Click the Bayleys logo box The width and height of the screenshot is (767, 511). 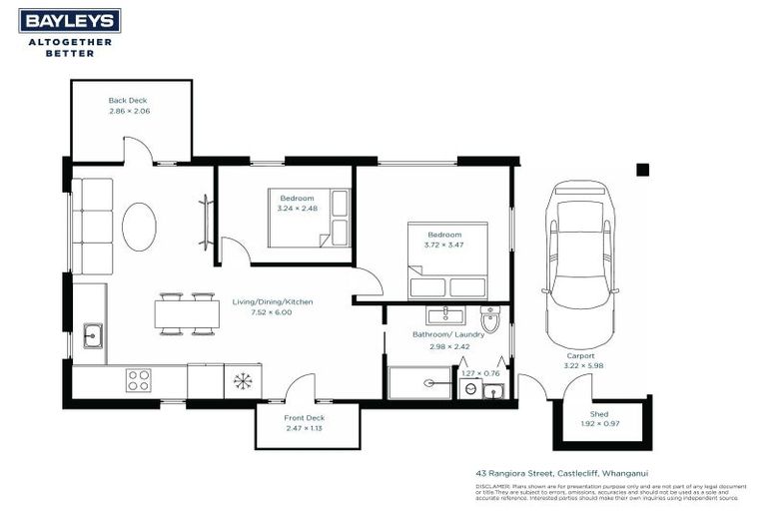[x=70, y=21]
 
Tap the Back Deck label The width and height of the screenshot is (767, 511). [x=128, y=101]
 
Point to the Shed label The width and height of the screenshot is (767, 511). [x=599, y=413]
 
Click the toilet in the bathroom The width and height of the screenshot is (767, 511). [x=490, y=318]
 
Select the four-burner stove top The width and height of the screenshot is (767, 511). [x=138, y=380]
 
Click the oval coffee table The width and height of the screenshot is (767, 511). [x=139, y=227]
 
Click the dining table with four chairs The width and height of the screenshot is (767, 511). [x=187, y=313]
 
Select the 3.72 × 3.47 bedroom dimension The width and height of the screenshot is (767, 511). [x=444, y=245]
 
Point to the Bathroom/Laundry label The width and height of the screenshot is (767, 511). [x=448, y=334]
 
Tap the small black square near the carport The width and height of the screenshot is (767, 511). [x=643, y=170]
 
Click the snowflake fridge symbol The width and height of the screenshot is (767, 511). [x=242, y=380]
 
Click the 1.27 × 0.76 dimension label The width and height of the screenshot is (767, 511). [x=480, y=373]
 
